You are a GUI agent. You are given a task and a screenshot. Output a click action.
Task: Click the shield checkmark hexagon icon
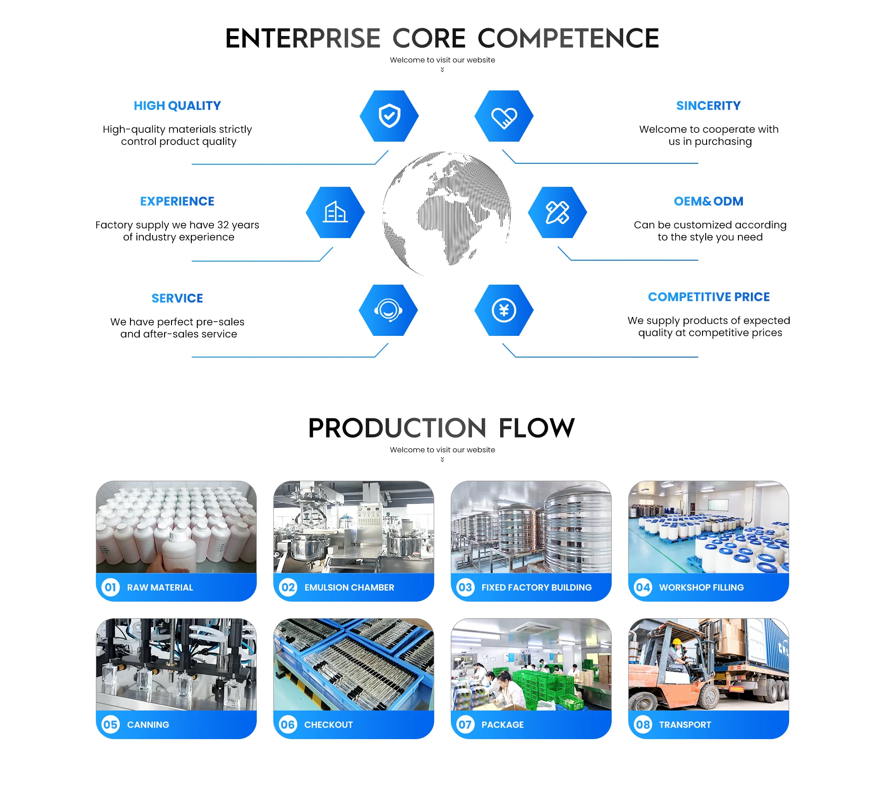coord(389,116)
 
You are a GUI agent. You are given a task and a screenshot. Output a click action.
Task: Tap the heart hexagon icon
coord(504,116)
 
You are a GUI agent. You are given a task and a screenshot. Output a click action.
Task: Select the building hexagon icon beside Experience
coord(335,212)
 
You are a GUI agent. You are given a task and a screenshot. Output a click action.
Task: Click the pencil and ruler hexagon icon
coord(557,212)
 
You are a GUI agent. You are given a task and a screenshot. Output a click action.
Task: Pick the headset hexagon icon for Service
coord(388,310)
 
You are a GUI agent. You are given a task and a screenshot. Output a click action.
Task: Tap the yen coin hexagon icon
coord(504,310)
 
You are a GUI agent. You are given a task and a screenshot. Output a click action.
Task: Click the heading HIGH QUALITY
coord(177,106)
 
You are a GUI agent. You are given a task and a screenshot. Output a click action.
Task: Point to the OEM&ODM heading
coord(708,201)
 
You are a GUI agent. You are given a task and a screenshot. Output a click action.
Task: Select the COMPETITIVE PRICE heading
coord(708,297)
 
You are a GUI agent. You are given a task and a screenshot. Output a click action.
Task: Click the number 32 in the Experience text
coord(223,225)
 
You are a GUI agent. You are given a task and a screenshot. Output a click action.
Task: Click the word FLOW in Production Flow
coord(537,428)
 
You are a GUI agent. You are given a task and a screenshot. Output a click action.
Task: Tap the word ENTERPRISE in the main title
coord(302,38)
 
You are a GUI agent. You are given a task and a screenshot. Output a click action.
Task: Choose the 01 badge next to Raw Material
coord(111,587)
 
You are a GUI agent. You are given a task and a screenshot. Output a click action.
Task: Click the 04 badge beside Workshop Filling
coord(643,587)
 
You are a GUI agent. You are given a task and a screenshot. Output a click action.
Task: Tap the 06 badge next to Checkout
coord(288,724)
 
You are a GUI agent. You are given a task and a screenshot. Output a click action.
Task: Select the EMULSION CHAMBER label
coord(349,587)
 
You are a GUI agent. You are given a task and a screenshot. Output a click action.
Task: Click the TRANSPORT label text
coord(685,725)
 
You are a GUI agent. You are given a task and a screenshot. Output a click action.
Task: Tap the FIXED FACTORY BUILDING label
coord(537,587)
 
